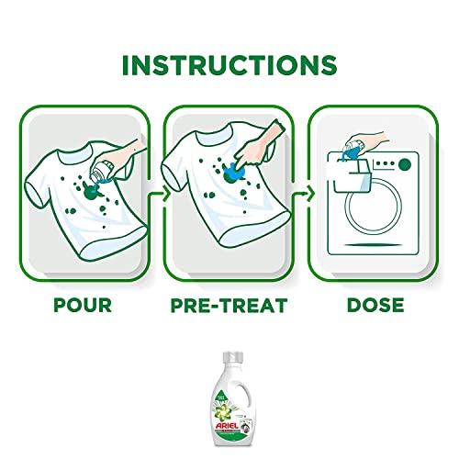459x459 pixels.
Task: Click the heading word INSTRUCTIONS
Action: pos(229,67)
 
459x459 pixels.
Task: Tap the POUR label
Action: pos(83,303)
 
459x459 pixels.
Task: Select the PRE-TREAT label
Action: pos(229,303)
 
